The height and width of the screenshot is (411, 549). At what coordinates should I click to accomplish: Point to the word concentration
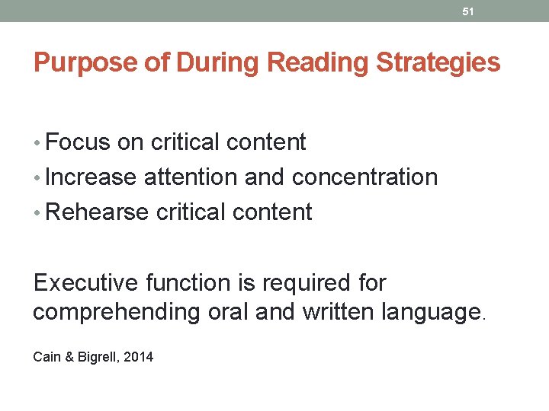point(364,177)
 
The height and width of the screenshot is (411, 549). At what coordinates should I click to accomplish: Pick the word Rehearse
point(98,212)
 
